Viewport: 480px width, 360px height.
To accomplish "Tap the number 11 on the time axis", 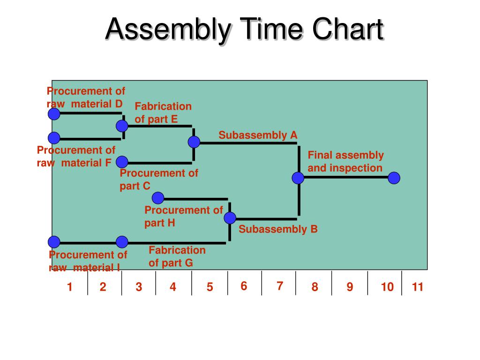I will (x=417, y=287).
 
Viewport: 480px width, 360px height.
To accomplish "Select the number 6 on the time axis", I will (x=244, y=286).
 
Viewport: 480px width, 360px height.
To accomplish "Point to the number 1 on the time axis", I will (x=69, y=287).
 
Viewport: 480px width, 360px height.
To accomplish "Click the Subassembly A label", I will (x=258, y=135).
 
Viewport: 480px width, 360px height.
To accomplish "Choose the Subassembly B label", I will (x=278, y=229).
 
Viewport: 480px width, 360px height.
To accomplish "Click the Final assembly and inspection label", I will (x=345, y=162).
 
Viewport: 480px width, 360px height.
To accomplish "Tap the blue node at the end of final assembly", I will (x=394, y=178).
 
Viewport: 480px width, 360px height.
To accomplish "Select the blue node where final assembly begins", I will (x=298, y=178).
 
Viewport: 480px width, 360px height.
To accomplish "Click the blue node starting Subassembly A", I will (x=194, y=142).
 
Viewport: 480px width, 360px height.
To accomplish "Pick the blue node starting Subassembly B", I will (x=230, y=218).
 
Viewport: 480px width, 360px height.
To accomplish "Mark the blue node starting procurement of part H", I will (x=158, y=198).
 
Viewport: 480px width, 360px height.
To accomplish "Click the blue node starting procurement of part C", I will (x=122, y=162).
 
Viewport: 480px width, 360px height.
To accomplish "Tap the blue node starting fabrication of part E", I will (x=122, y=126).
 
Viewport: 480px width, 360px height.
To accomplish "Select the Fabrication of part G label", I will (x=177, y=256).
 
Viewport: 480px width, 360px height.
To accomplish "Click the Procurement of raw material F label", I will (x=76, y=157).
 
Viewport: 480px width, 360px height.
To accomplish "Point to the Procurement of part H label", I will (x=183, y=216).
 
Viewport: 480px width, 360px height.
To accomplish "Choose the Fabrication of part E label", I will (x=163, y=113).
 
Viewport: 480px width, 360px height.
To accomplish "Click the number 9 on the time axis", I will (x=350, y=287).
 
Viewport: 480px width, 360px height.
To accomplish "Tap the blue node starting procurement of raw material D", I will (x=54, y=114).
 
